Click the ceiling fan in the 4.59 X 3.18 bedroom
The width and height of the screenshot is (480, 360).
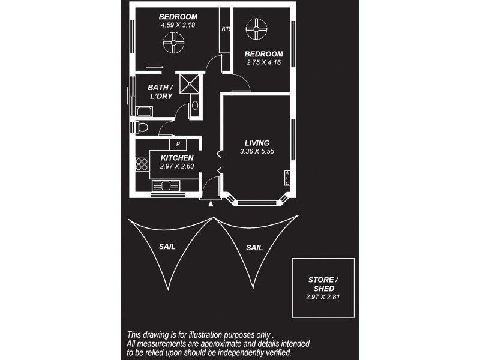[x=175, y=42]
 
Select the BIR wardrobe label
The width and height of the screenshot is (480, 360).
[x=226, y=29]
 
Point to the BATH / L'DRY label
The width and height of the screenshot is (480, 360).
[x=161, y=91]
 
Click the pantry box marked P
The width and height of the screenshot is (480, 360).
[x=178, y=144]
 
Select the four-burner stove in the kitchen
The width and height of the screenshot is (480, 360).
[x=142, y=163]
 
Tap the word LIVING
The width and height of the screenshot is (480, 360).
[x=257, y=143]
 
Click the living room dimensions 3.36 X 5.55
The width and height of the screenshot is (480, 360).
[x=257, y=151]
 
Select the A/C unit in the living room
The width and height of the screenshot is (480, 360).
[x=287, y=178]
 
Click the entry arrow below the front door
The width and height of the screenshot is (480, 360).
[x=210, y=204]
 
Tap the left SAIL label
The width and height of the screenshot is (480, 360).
[x=167, y=247]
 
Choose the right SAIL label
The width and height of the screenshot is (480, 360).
[x=254, y=247]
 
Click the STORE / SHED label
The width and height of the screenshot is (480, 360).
[x=323, y=284]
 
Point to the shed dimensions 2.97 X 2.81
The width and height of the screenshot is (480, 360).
[x=323, y=296]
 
